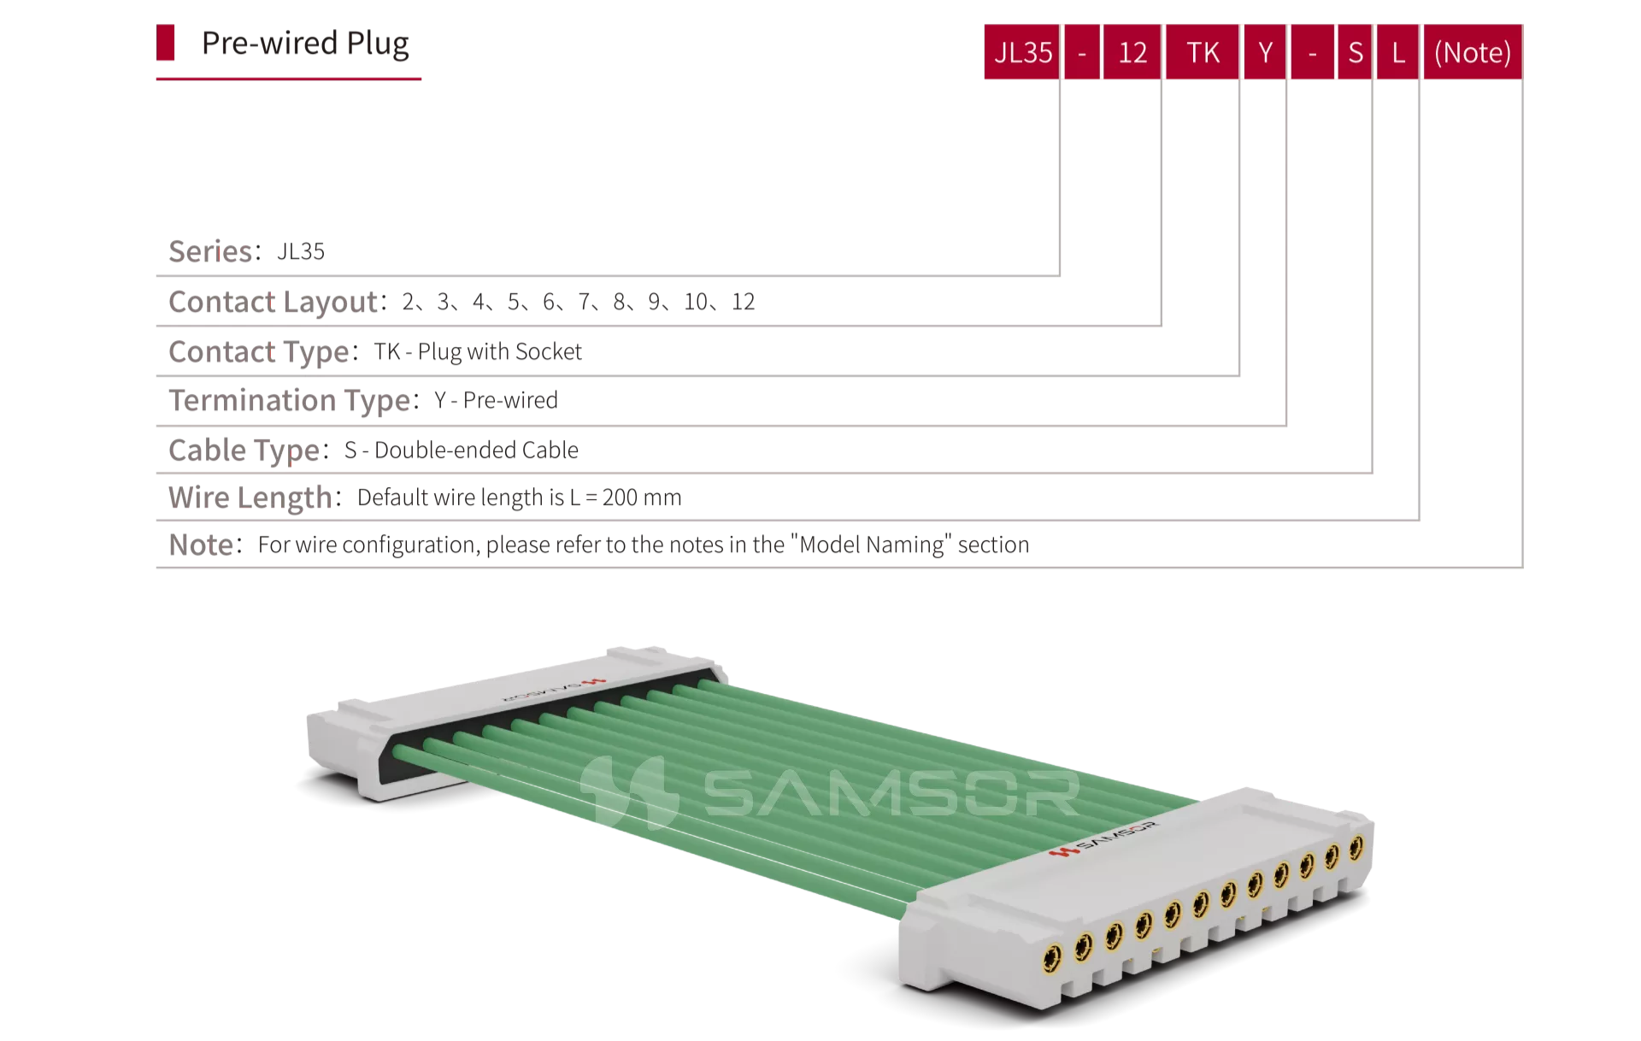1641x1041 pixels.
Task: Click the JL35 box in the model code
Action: pos(1022,52)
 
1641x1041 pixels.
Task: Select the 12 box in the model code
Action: pos(1132,52)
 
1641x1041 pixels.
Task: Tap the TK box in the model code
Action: pos(1203,52)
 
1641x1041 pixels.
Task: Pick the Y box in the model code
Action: pos(1265,52)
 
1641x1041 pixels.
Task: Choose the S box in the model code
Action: pos(1355,52)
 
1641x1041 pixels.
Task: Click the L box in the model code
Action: pos(1398,52)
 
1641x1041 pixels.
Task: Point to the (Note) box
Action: pos(1473,52)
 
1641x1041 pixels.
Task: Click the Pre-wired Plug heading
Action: pos(305,44)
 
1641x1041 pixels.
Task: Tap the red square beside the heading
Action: pos(166,43)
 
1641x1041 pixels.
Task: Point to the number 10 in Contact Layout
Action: pos(696,302)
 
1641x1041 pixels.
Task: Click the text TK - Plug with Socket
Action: pos(478,351)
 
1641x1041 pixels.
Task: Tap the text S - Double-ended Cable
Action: pos(462,450)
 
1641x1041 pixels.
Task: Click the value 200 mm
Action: pos(642,497)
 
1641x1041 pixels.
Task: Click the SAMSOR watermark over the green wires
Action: pos(830,792)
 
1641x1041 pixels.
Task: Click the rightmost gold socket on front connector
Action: pos(1356,848)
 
